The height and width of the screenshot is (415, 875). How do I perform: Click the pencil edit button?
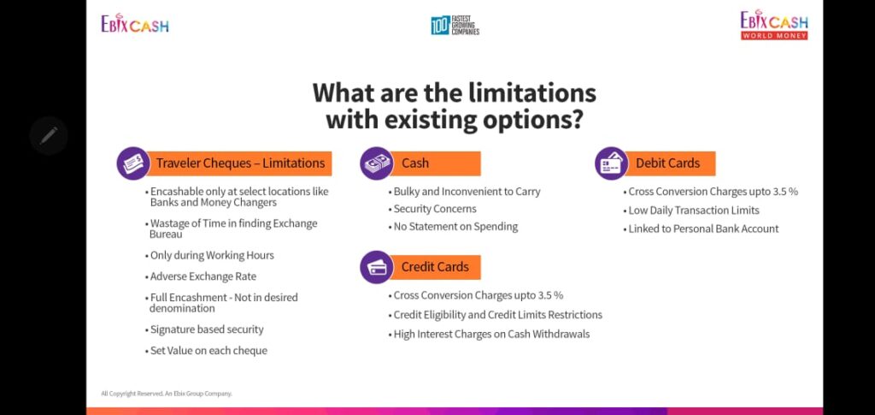(49, 135)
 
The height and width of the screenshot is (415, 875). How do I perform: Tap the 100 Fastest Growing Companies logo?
(455, 25)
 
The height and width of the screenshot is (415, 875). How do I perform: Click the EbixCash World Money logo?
(774, 25)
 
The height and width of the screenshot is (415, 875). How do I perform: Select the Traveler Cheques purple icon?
(133, 163)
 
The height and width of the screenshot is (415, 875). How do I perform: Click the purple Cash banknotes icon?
(377, 163)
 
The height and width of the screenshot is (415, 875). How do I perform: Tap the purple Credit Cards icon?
(377, 267)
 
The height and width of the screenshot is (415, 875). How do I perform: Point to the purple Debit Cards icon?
(612, 163)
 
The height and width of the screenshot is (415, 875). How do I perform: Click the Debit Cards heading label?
(667, 163)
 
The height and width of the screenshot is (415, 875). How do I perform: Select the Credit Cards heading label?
(435, 267)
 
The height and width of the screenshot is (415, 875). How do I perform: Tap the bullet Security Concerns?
(432, 209)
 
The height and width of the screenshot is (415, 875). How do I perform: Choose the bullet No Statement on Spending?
(453, 227)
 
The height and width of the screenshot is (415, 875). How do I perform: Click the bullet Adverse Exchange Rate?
(201, 276)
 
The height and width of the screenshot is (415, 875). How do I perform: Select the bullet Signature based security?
(204, 329)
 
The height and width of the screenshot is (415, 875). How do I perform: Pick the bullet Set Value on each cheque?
(207, 351)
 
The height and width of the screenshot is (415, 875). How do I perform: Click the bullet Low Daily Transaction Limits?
(691, 210)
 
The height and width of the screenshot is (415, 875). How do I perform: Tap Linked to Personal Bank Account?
(701, 229)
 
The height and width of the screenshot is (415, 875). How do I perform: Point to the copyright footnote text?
(167, 394)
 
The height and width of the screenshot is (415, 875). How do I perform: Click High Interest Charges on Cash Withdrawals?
(489, 335)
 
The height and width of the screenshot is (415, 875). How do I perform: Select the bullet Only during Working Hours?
(210, 256)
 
